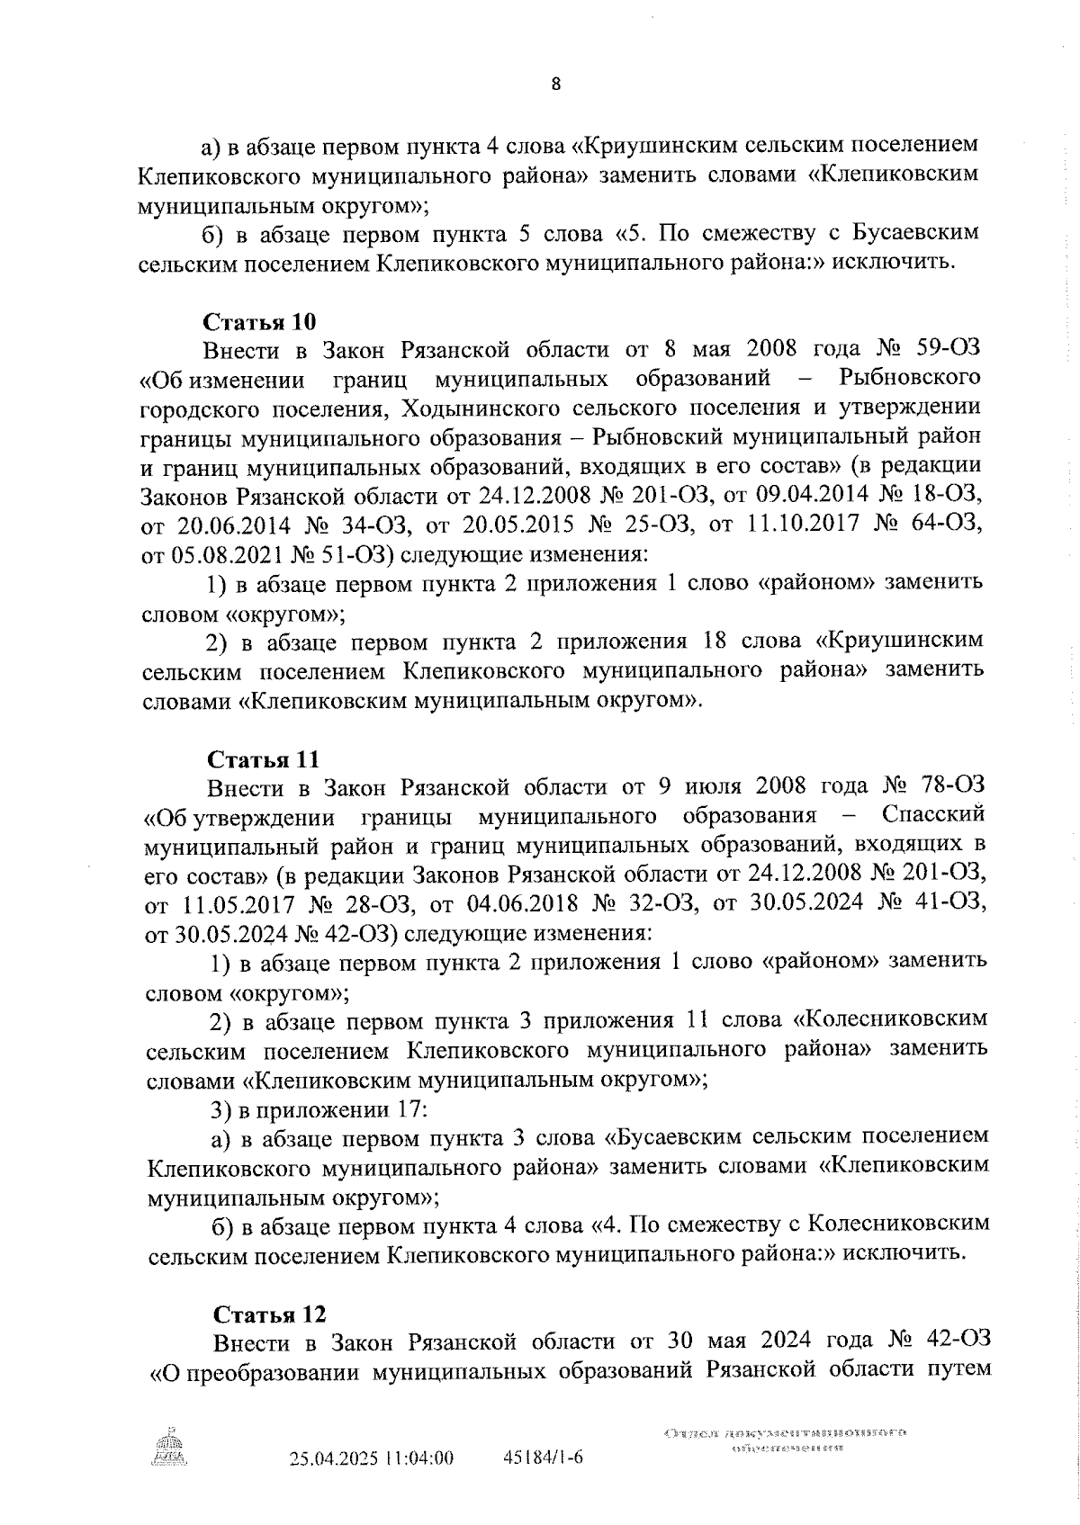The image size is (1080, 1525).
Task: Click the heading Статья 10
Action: (260, 322)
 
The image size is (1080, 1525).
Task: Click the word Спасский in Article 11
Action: (933, 815)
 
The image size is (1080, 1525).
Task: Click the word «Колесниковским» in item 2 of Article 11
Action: (892, 1019)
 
